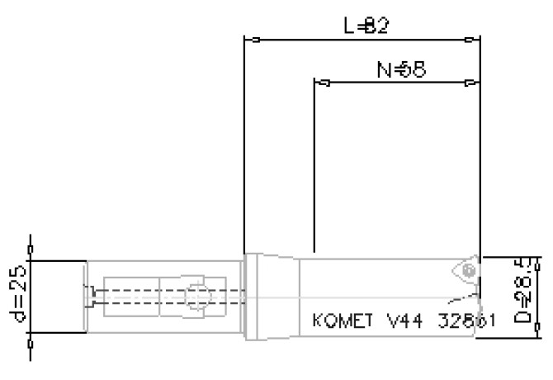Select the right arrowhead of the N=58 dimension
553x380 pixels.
click(x=470, y=83)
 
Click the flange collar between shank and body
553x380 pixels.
click(x=253, y=296)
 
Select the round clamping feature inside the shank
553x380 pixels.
click(x=196, y=297)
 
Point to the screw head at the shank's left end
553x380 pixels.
click(x=93, y=295)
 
